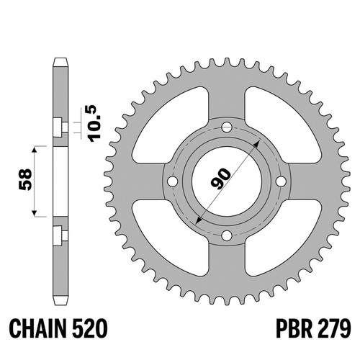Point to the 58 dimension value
(25, 180)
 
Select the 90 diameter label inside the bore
(220, 178)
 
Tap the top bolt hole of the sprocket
(227, 127)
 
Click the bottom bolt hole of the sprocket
(227, 235)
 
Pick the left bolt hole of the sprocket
(173, 181)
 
